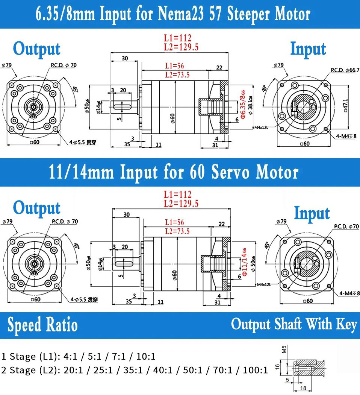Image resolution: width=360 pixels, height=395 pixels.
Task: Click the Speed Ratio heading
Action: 42,325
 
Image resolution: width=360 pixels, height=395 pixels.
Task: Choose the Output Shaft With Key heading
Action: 293,324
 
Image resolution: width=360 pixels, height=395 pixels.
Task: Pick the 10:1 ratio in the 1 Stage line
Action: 148,356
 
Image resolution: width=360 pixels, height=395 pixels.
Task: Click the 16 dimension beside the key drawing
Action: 278,367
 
